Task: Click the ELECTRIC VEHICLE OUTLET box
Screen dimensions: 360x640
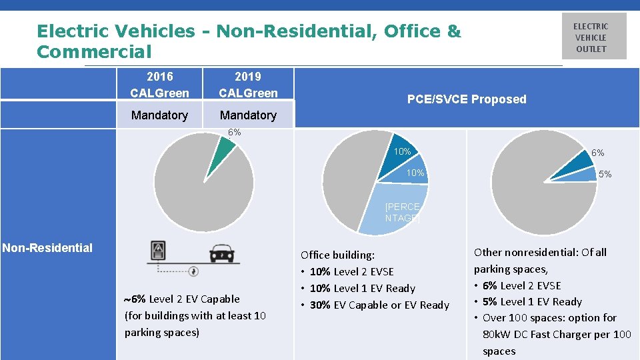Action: point(593,37)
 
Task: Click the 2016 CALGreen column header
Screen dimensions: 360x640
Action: point(159,85)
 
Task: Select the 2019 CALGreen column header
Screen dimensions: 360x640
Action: point(248,85)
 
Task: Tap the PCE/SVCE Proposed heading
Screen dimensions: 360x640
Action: point(466,99)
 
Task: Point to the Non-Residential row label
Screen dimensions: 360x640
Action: point(47,248)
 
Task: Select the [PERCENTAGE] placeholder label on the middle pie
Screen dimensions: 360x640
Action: point(402,213)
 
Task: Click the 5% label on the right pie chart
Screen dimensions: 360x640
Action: point(604,174)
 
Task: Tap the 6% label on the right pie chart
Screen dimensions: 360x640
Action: point(597,153)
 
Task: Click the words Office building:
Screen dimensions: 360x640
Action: point(337,255)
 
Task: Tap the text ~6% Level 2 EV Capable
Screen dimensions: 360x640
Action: point(181,299)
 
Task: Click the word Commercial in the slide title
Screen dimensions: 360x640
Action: point(94,51)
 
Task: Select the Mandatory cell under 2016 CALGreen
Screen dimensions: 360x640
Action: point(159,115)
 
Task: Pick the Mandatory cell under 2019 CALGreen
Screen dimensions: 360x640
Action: point(248,115)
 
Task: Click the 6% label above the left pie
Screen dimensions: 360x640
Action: point(234,133)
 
